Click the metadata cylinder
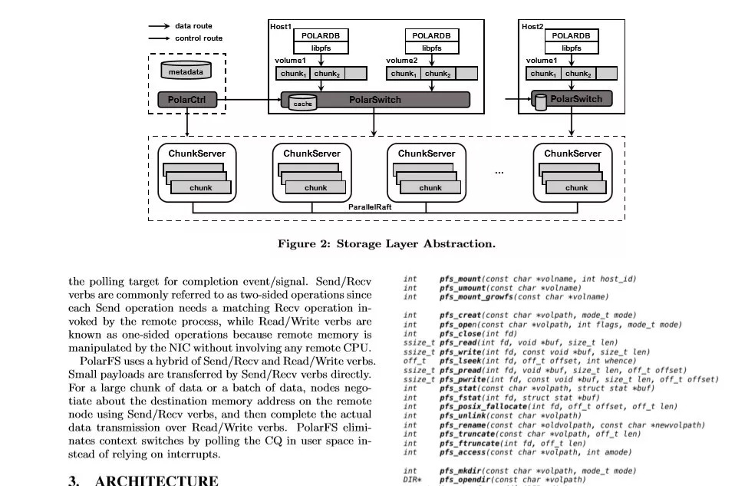pyautogui.click(x=186, y=71)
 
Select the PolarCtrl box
pyautogui.click(x=186, y=100)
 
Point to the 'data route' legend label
pyautogui.click(x=193, y=26)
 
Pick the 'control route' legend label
pyautogui.click(x=198, y=38)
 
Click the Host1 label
pyautogui.click(x=281, y=26)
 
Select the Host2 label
pyautogui.click(x=532, y=26)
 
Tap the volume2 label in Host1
pyautogui.click(x=401, y=60)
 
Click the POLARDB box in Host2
pyautogui.click(x=571, y=35)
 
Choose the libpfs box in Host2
pyautogui.click(x=571, y=48)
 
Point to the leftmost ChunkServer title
pyautogui.click(x=197, y=154)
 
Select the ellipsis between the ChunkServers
pyautogui.click(x=499, y=173)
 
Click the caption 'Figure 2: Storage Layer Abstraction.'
pyautogui.click(x=386, y=243)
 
